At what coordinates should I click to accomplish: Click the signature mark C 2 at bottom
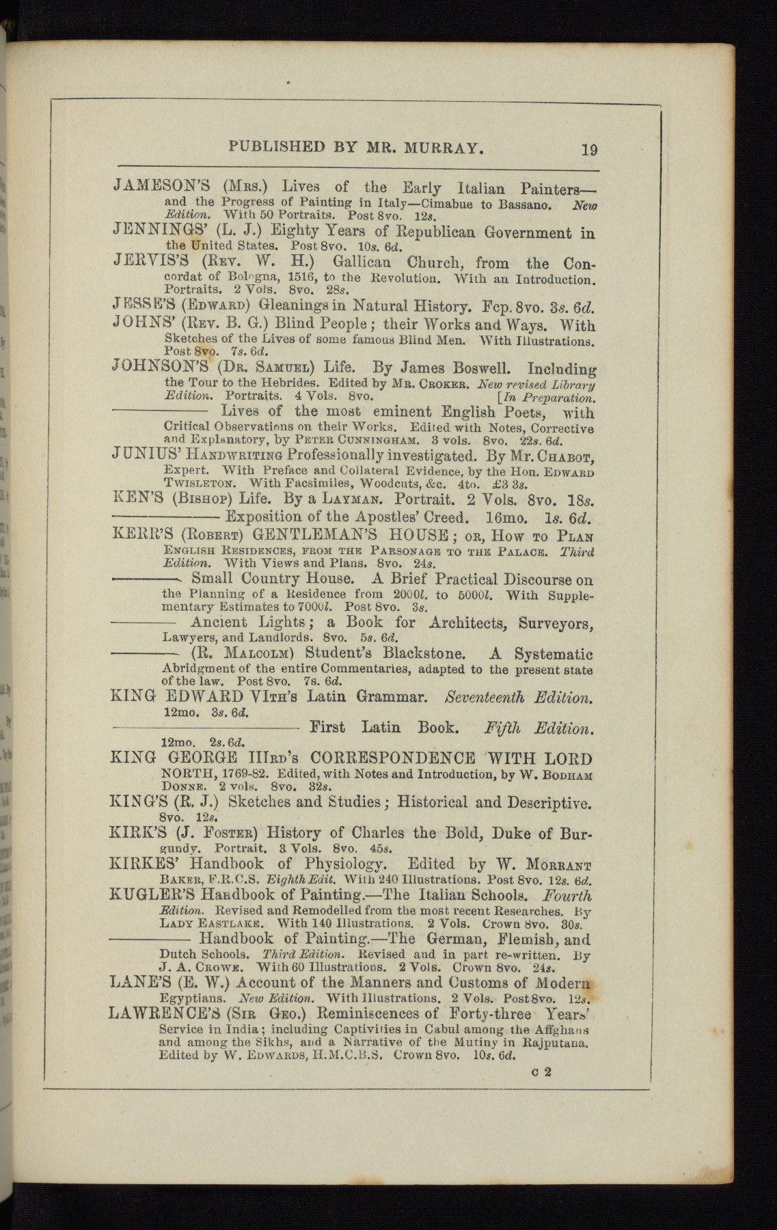pos(541,1071)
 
